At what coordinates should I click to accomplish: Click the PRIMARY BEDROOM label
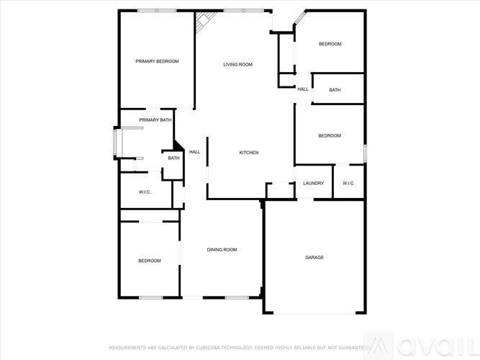coord(157,61)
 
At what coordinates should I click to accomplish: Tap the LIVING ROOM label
coord(237,65)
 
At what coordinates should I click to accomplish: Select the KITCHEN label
coord(249,153)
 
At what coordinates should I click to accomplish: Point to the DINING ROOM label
coord(222,250)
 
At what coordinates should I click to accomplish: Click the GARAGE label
coord(314,257)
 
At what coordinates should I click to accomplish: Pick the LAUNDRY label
coord(313,184)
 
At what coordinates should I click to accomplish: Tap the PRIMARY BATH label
coord(155,120)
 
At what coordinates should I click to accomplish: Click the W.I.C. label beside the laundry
coord(348,184)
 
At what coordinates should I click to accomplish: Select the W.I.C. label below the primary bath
coord(145,192)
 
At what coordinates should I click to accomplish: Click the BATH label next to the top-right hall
coord(335,90)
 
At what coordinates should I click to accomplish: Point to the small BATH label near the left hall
coord(173,158)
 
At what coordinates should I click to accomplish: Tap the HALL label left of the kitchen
coord(194,153)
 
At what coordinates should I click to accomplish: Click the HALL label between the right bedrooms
coord(303,89)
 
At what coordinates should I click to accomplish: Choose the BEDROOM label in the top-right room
coord(330,45)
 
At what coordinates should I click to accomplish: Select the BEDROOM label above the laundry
coord(330,136)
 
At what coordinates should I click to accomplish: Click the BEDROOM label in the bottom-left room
coord(150,261)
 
